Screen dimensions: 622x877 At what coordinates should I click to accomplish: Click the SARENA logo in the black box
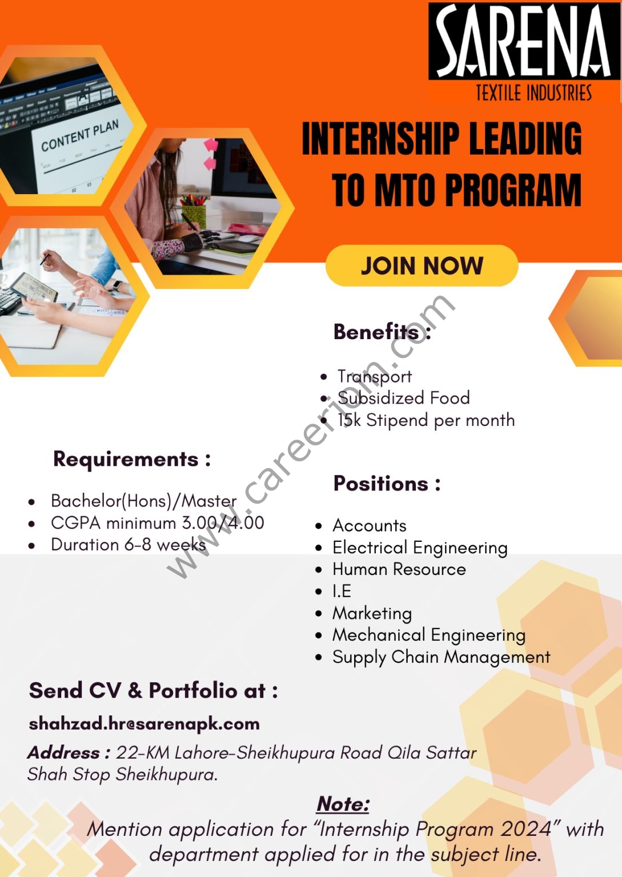point(524,41)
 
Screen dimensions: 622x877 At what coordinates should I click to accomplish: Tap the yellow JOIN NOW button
point(422,266)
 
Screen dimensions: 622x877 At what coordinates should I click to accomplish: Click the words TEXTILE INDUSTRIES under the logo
point(533,93)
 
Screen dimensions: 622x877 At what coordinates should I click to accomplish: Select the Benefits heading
point(382,332)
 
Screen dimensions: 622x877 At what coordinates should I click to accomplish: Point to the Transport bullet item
point(375,377)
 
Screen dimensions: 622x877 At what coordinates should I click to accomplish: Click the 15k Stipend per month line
point(426,420)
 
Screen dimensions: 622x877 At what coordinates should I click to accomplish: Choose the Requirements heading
point(132,459)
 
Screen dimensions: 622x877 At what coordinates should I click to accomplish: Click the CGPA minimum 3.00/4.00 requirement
point(158,523)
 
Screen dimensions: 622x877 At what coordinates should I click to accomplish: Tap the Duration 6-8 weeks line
point(129,545)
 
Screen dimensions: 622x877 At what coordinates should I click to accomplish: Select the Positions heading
point(387,484)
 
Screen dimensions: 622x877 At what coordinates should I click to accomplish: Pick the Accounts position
point(370,525)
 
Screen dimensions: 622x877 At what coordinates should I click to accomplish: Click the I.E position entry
point(342,591)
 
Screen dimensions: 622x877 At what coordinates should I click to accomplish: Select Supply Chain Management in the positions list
point(442,657)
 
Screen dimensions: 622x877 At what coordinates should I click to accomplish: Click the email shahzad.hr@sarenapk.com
point(144,724)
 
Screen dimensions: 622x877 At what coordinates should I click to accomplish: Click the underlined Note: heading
point(343,804)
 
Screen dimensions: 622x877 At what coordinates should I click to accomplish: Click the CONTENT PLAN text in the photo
point(80,135)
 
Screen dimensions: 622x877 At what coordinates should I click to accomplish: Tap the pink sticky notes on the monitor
point(211,154)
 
